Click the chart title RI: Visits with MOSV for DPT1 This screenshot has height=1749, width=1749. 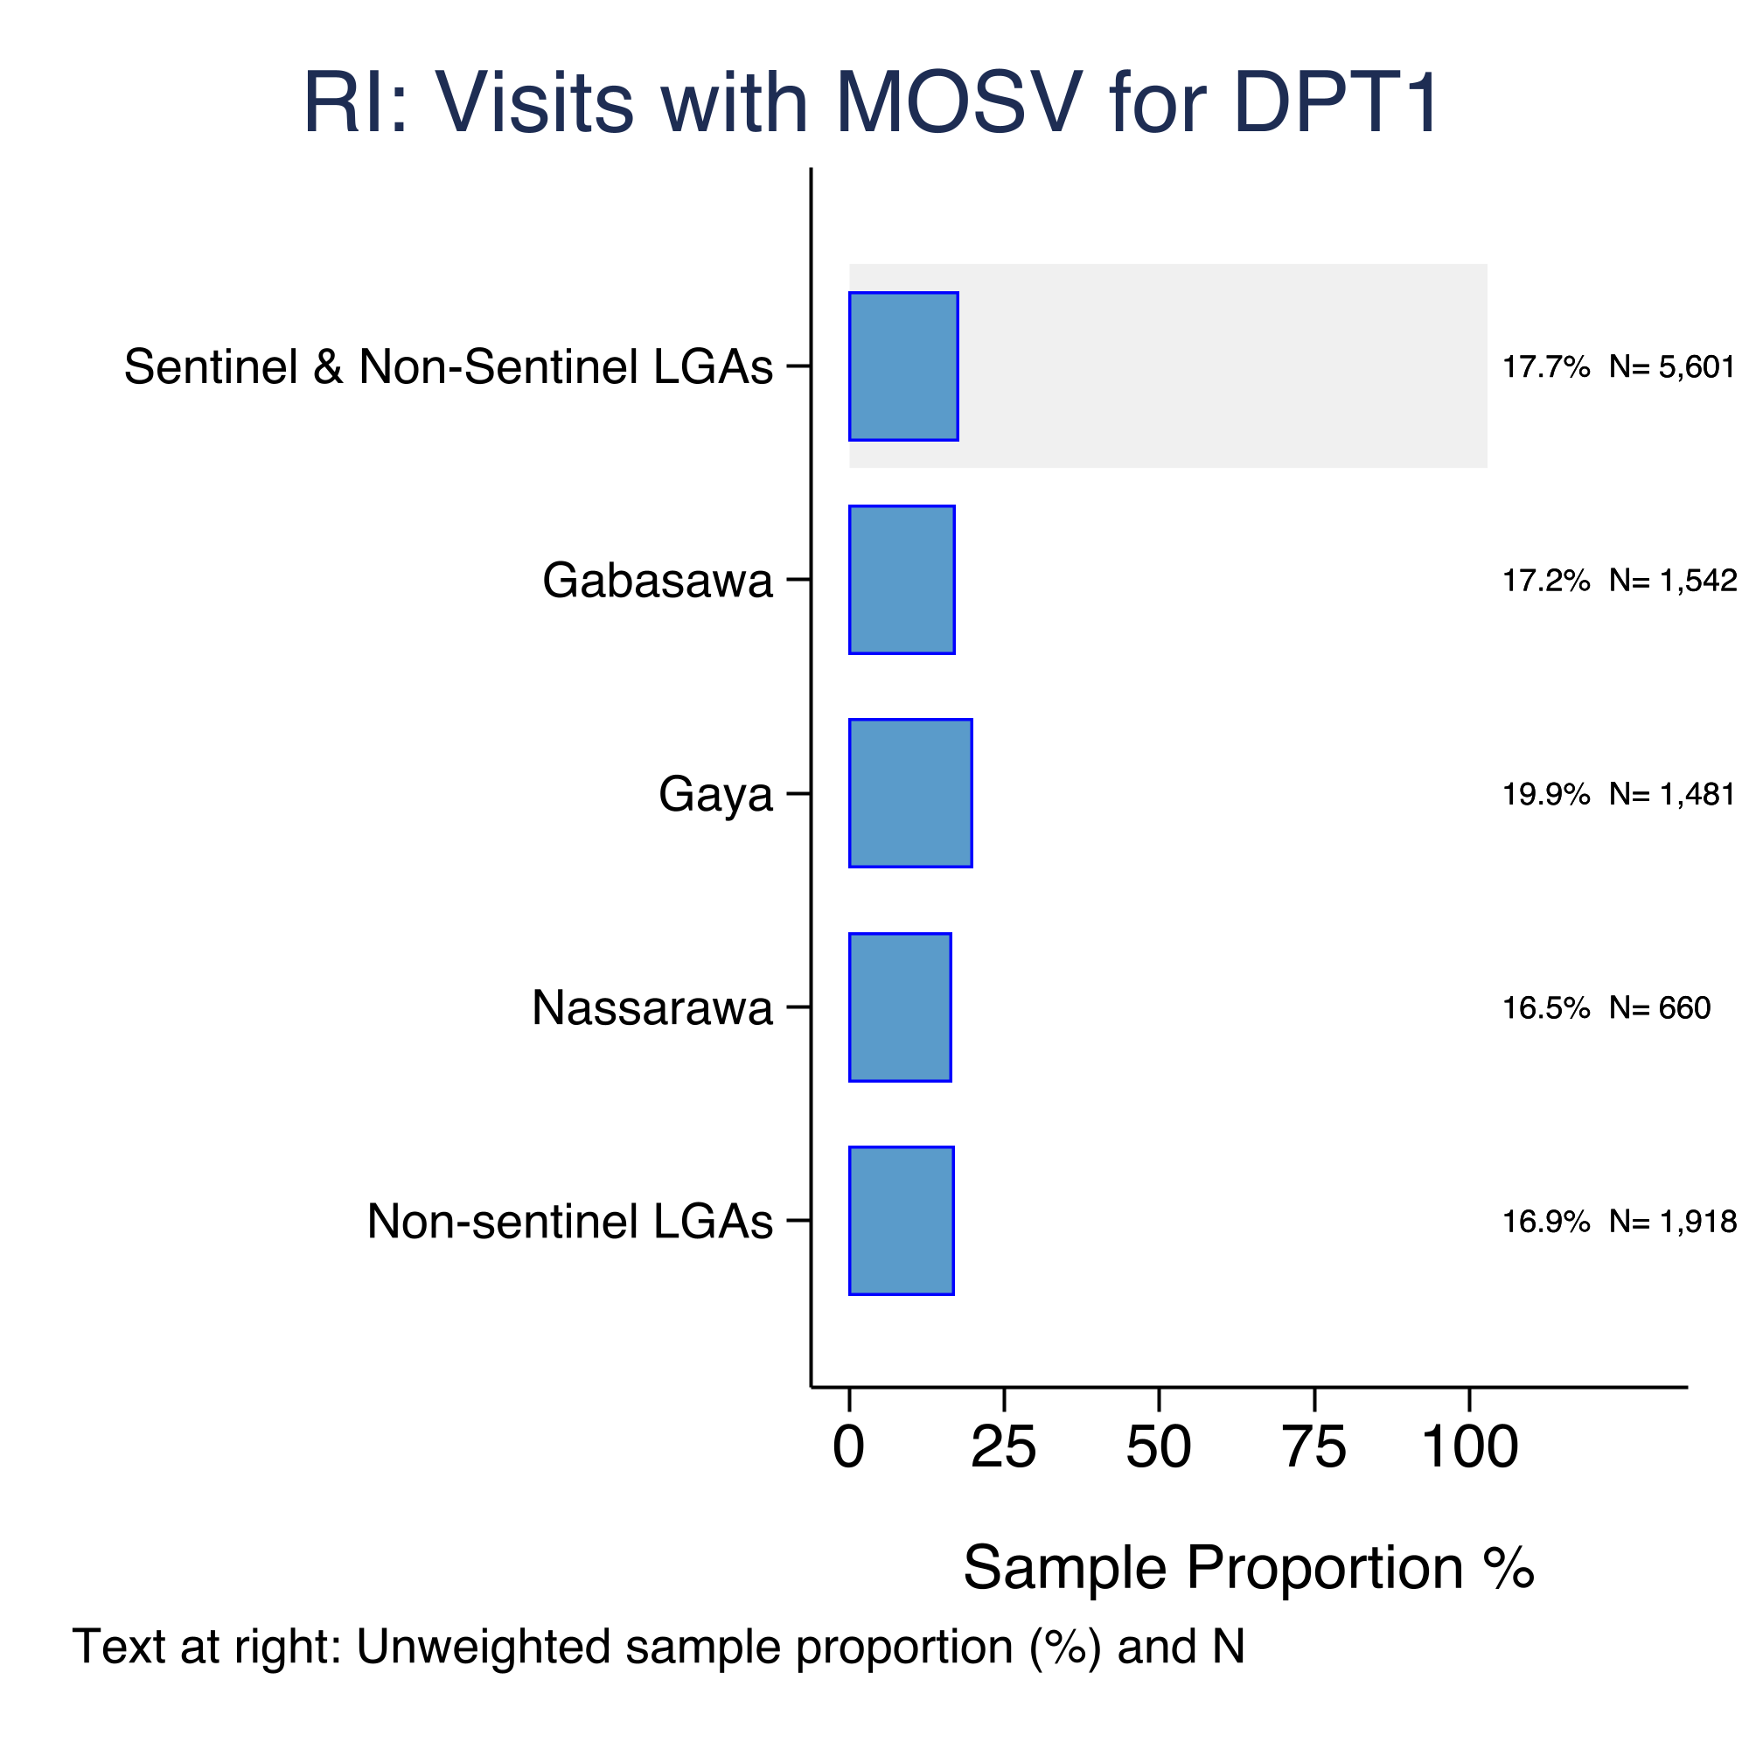pos(871,103)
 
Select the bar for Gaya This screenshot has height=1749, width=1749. pos(910,793)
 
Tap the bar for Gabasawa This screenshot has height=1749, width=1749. pos(902,580)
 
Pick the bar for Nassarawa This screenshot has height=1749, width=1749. pos(900,1007)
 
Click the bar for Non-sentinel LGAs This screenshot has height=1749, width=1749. pos(902,1220)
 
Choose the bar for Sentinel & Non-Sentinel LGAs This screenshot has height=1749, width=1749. pos(903,366)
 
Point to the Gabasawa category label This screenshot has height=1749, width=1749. pos(658,581)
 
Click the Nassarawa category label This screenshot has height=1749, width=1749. pos(652,1007)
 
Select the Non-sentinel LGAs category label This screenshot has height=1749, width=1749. pos(570,1221)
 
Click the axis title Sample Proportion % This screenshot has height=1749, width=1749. pos(1250,1567)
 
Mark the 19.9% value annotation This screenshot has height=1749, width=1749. pos(1546,794)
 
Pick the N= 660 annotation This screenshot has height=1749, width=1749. pos(1661,1007)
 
